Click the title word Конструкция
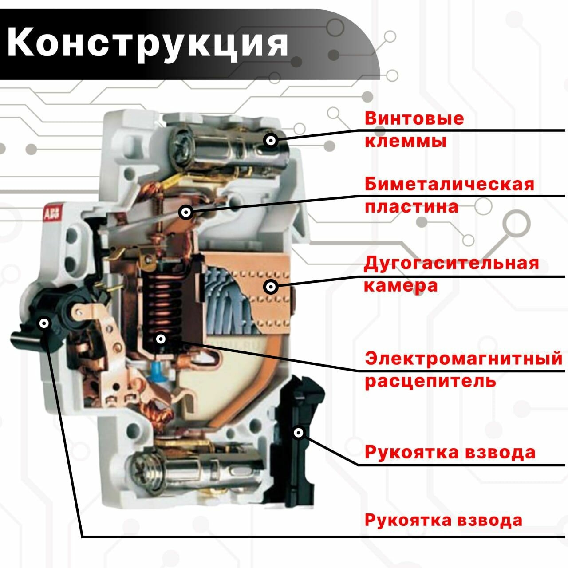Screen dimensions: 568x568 click(148, 43)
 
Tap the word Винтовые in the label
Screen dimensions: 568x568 click(414, 118)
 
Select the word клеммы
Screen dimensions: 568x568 click(405, 142)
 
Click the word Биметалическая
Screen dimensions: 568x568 click(450, 184)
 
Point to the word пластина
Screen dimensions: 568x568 click(411, 207)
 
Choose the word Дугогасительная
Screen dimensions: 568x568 click(451, 263)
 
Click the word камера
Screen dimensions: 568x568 click(401, 285)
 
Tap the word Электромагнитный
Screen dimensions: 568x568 click(463, 358)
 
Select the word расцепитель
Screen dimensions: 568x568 click(430, 381)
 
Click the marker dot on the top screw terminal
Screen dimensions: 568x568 click(271, 141)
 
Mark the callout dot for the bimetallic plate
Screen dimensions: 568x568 click(186, 213)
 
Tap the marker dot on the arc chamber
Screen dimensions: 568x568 click(271, 287)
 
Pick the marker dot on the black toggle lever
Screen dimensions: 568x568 click(44, 323)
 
